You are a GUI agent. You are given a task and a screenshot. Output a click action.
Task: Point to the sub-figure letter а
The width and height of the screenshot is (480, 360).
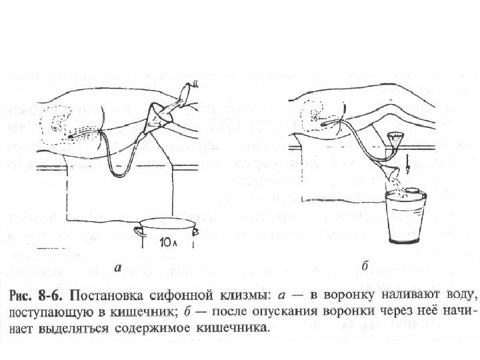[117, 269]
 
